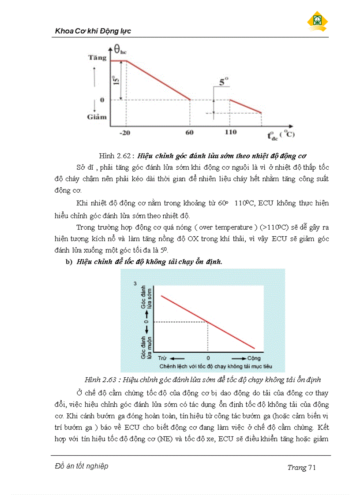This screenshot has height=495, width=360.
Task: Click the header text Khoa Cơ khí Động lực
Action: (x=93, y=31)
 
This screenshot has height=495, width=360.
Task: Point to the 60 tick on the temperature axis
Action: (x=191, y=132)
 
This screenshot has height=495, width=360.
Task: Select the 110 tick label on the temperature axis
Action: (x=230, y=132)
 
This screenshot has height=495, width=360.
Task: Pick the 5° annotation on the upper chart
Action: (x=224, y=82)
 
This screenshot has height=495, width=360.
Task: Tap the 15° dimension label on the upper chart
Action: (x=116, y=81)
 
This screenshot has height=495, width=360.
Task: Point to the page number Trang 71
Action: (x=301, y=468)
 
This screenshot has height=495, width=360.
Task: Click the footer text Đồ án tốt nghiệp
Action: (x=82, y=466)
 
